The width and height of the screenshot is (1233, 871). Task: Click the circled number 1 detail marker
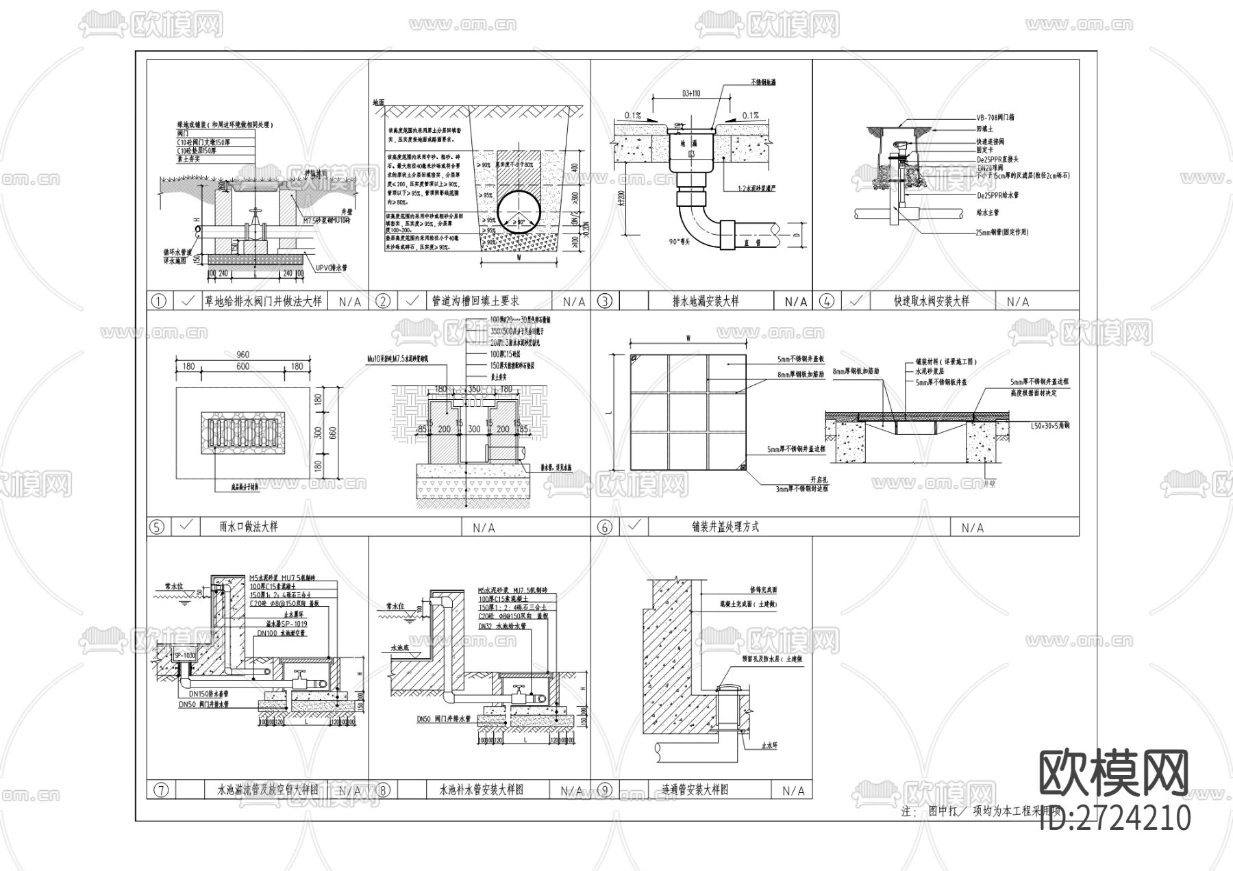(x=158, y=301)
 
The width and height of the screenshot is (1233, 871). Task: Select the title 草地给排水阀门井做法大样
(x=263, y=301)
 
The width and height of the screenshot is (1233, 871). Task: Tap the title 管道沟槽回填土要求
(x=475, y=301)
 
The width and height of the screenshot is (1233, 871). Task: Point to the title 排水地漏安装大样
(x=706, y=301)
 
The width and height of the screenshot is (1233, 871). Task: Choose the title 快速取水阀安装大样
(x=932, y=301)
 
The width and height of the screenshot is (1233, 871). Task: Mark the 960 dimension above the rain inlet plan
(x=242, y=355)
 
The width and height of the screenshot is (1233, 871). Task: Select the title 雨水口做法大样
(x=249, y=527)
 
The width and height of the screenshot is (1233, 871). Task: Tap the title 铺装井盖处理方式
(x=725, y=527)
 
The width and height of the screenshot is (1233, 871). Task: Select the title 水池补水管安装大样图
(x=482, y=790)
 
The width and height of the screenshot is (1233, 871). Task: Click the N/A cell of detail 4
(x=1018, y=301)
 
